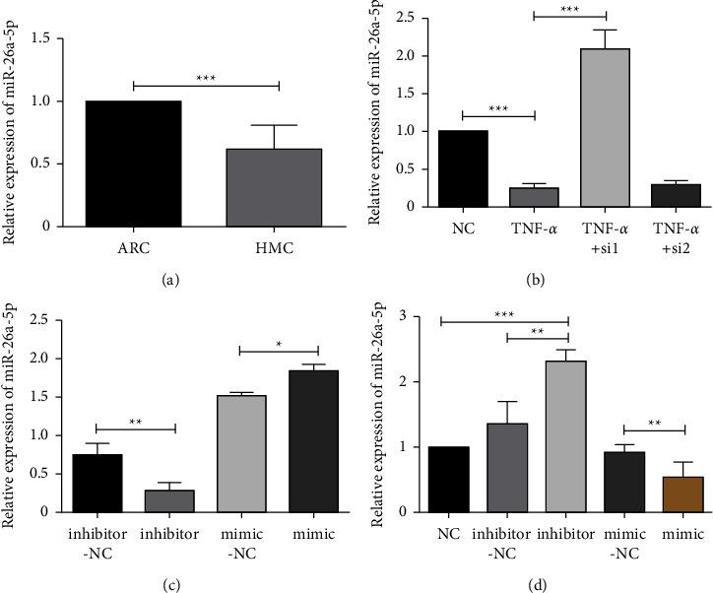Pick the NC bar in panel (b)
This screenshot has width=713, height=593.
[x=463, y=168]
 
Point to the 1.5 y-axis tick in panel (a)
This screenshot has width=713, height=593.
[x=44, y=37]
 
